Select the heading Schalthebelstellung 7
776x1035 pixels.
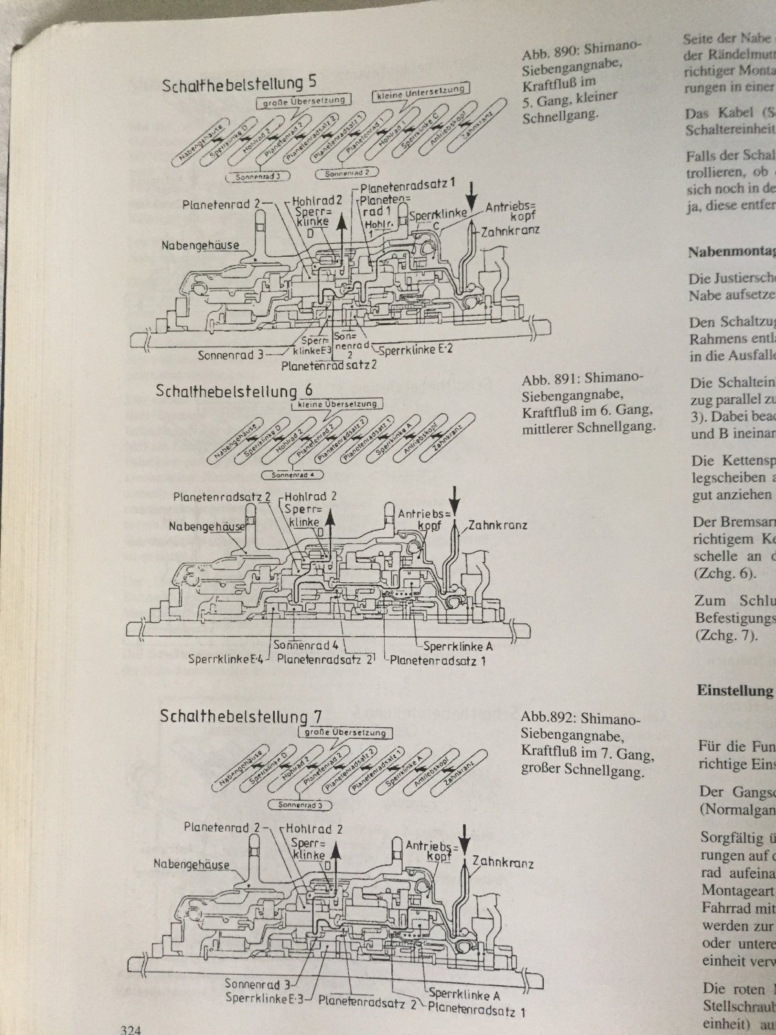click(242, 716)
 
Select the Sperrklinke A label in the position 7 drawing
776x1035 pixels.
click(464, 994)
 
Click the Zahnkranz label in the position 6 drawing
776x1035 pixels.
click(499, 525)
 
